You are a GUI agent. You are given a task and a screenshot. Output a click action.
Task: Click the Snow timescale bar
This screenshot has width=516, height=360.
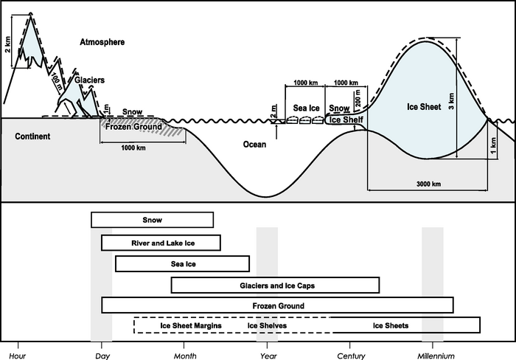(x=152, y=220)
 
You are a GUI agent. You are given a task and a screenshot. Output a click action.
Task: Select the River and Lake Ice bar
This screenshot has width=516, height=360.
(x=161, y=243)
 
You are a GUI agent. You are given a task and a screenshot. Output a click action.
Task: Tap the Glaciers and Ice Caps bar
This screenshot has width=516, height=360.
(x=275, y=285)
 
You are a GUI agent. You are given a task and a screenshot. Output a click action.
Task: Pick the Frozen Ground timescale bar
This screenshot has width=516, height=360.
(x=277, y=305)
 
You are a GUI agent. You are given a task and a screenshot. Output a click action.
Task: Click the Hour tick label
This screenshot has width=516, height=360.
(x=18, y=355)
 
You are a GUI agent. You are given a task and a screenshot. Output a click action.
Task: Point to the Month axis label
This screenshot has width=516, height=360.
(x=185, y=355)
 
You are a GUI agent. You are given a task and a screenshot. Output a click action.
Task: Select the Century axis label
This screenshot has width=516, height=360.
(x=350, y=355)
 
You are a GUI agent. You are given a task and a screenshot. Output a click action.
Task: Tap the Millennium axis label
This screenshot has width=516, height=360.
(x=433, y=355)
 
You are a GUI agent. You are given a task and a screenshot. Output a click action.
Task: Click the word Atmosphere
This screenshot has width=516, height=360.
(x=102, y=43)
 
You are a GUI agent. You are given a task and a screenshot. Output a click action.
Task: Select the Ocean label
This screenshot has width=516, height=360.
(x=254, y=145)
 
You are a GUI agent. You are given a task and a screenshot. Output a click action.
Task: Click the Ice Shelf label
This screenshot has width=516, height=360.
(x=346, y=120)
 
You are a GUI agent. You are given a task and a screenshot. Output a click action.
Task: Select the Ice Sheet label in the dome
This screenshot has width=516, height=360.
(x=424, y=107)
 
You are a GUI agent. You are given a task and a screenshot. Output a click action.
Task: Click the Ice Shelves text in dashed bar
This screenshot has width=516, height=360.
(x=267, y=325)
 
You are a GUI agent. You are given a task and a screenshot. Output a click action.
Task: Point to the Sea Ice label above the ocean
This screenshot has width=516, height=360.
(x=306, y=108)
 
